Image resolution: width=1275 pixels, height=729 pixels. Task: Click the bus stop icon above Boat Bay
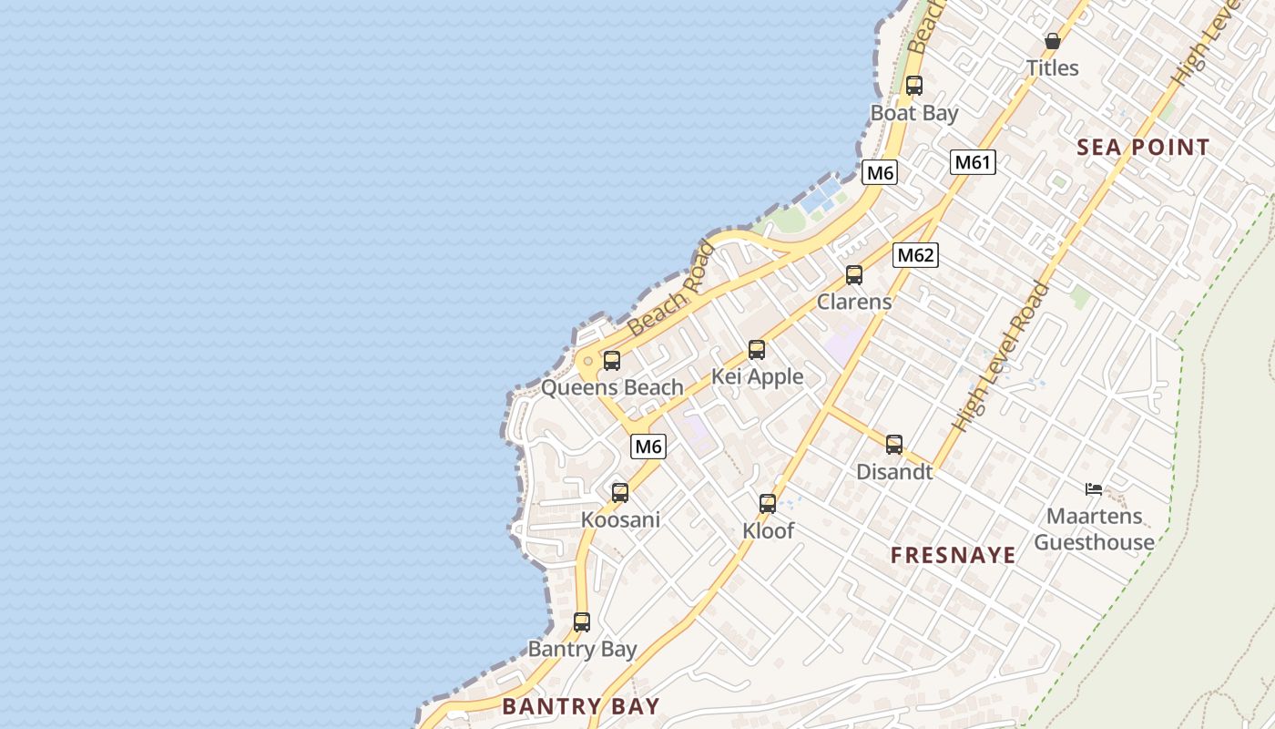click(x=913, y=86)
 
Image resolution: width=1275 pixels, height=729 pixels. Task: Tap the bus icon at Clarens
click(x=853, y=274)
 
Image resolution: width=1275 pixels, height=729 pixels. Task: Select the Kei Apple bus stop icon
click(x=756, y=349)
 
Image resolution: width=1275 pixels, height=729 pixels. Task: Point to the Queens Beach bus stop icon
click(x=611, y=360)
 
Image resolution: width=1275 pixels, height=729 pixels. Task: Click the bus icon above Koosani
click(x=619, y=492)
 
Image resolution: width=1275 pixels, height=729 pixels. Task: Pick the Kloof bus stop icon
click(x=767, y=503)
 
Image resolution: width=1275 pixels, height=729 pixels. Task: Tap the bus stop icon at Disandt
click(x=893, y=444)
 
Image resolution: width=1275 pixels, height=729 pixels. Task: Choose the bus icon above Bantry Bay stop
click(x=581, y=622)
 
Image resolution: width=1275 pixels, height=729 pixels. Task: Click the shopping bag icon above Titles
click(x=1052, y=41)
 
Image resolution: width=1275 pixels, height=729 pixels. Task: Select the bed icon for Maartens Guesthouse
click(x=1094, y=489)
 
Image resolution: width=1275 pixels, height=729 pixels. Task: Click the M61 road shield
click(x=972, y=162)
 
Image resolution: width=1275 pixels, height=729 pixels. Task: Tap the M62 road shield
click(x=915, y=254)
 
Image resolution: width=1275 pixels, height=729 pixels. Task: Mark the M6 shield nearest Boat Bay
click(x=880, y=172)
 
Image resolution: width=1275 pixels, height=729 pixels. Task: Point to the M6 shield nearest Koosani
click(x=648, y=447)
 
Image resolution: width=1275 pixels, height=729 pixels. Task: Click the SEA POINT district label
click(x=1143, y=147)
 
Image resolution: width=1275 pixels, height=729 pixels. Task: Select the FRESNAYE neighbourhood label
click(x=953, y=555)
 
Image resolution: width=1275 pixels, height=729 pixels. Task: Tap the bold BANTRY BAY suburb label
click(x=580, y=705)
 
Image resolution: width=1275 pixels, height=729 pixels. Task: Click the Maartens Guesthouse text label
click(x=1094, y=529)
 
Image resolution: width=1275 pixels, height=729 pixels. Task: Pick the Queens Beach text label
click(x=611, y=387)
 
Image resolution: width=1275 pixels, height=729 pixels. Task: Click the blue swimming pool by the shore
click(x=821, y=195)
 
